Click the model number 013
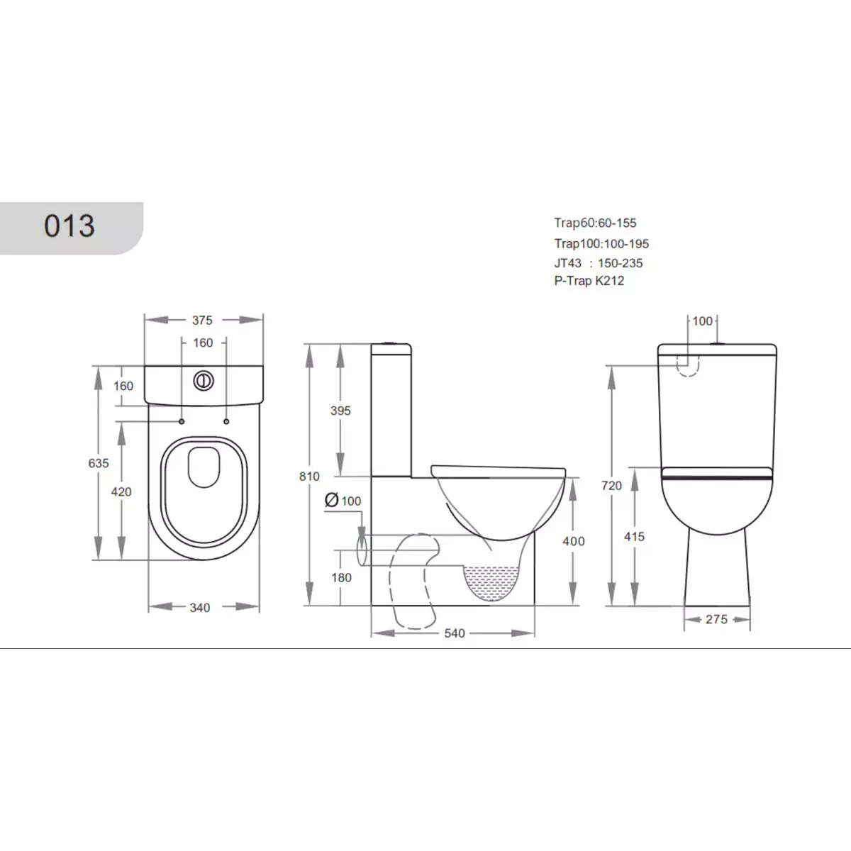(69, 226)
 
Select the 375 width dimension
(202, 320)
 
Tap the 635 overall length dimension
(99, 463)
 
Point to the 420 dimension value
(121, 491)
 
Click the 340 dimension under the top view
(200, 608)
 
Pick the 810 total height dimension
(309, 477)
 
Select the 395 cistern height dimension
(340, 411)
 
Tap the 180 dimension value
(341, 577)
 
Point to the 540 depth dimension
(454, 633)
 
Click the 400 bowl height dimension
(573, 541)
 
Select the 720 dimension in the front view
(611, 486)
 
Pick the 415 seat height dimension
(634, 537)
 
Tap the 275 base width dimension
(716, 619)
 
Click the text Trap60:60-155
(595, 223)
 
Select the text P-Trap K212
(589, 280)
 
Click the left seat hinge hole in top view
(182, 422)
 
